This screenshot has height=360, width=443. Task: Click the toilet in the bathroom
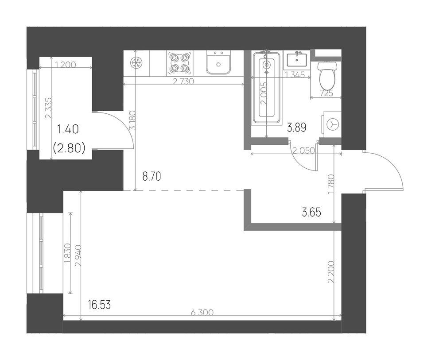(x=327, y=74)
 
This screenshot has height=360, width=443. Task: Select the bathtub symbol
(x=267, y=88)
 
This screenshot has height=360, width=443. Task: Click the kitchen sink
(x=218, y=63)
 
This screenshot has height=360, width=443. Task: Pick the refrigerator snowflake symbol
(x=136, y=63)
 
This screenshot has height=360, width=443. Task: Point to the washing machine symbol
(x=332, y=124)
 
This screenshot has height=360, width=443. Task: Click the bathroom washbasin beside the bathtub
(x=297, y=59)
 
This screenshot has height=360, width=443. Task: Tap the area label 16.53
(x=99, y=305)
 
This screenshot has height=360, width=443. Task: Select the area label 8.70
(x=152, y=177)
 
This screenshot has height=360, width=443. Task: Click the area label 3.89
(x=297, y=128)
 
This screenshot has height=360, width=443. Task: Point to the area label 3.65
(x=311, y=213)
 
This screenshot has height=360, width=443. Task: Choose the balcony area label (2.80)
(x=69, y=147)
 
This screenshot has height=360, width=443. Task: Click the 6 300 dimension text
(x=202, y=313)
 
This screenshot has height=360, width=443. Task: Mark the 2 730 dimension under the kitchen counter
(x=183, y=81)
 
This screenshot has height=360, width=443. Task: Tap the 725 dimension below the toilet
(x=327, y=93)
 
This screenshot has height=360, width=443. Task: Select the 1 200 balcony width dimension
(x=66, y=65)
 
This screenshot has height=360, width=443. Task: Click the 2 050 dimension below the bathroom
(x=304, y=151)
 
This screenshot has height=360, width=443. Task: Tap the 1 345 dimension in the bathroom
(x=295, y=75)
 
